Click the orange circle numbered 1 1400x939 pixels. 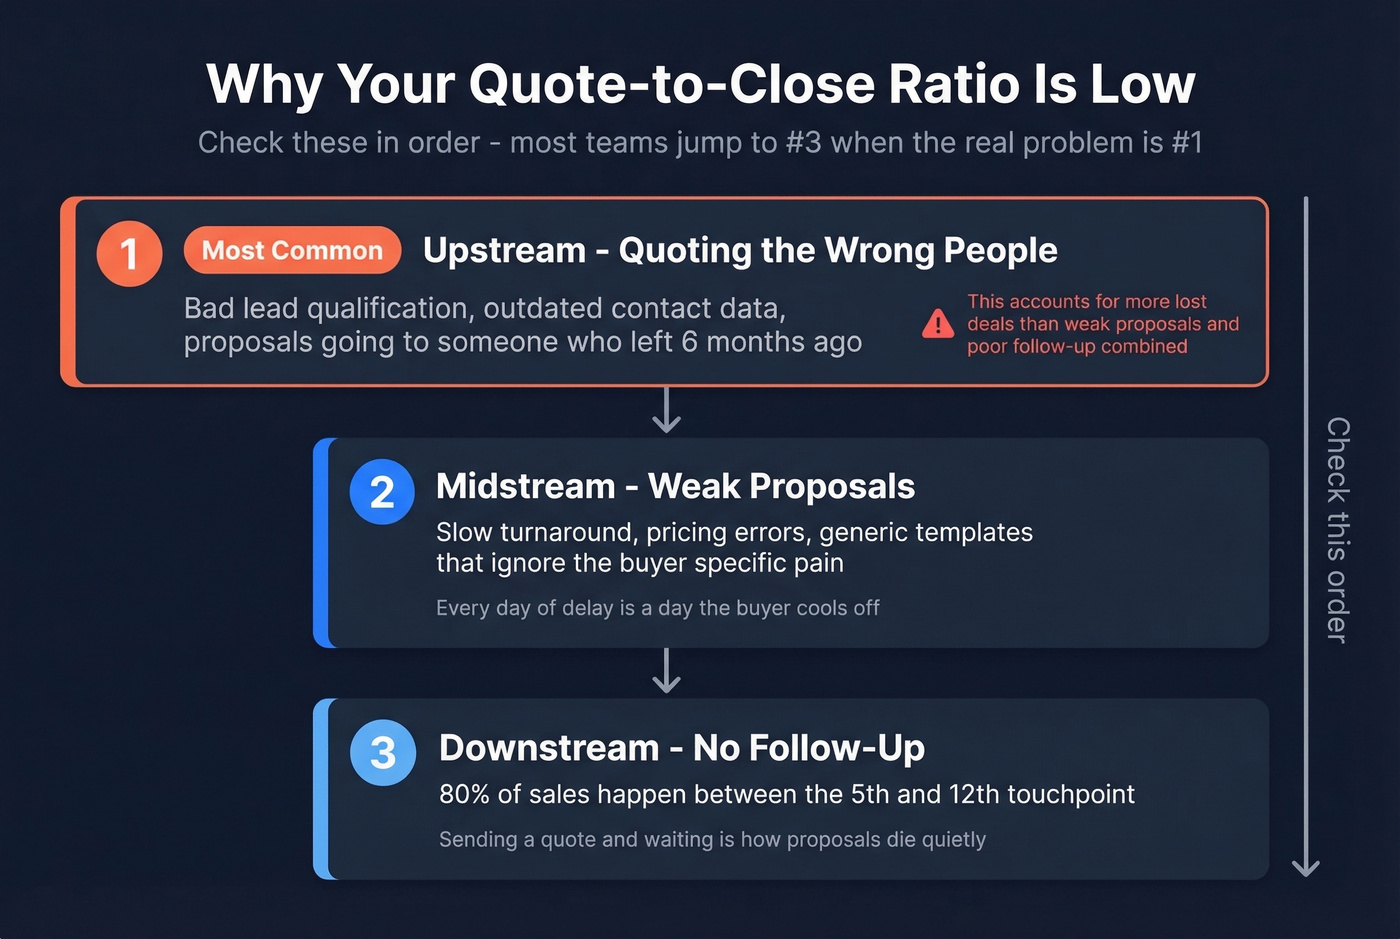point(129,254)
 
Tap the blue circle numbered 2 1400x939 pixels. point(382,492)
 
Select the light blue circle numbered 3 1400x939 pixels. point(383,753)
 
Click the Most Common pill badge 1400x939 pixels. point(292,250)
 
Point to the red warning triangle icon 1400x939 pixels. point(937,324)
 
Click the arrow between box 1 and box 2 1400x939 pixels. point(666,411)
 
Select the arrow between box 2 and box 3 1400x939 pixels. point(666,671)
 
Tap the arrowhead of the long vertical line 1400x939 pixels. point(1305,866)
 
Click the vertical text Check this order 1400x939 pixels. point(1337,529)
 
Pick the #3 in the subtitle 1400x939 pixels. point(803,143)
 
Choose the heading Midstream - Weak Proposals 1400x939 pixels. point(675,486)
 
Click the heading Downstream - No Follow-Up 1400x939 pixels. point(681,748)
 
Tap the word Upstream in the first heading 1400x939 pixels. point(504,250)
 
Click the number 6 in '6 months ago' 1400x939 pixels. point(689,342)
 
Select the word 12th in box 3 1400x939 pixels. point(973,794)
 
